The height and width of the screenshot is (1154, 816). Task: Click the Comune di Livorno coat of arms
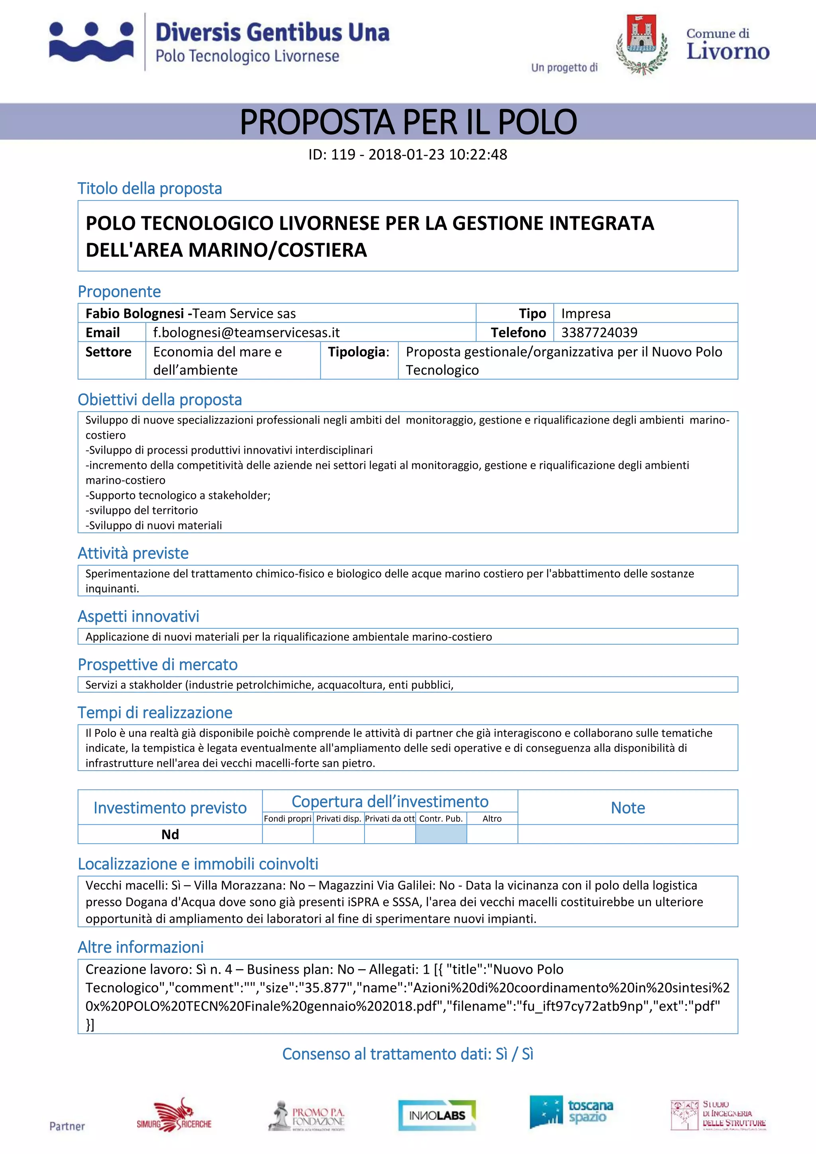pyautogui.click(x=641, y=44)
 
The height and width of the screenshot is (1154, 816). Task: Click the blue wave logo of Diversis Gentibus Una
pyautogui.click(x=92, y=42)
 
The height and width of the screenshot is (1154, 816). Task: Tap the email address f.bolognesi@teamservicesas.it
pyautogui.click(x=246, y=332)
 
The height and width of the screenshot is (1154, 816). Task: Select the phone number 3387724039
pyautogui.click(x=599, y=332)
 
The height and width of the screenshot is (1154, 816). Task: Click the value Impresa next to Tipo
pyautogui.click(x=585, y=313)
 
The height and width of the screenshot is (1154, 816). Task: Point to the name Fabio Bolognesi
pyautogui.click(x=134, y=313)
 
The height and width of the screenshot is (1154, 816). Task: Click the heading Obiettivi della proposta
pyautogui.click(x=159, y=400)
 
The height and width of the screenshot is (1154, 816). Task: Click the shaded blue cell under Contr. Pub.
pyautogui.click(x=441, y=834)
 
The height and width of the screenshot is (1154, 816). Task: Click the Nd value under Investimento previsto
pyautogui.click(x=170, y=834)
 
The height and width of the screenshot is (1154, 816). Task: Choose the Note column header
pyautogui.click(x=628, y=808)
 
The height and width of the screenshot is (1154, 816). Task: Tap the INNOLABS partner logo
pyautogui.click(x=437, y=1116)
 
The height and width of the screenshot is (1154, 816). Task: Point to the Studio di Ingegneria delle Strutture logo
pyautogui.click(x=718, y=1115)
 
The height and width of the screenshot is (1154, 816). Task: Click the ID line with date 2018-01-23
pyautogui.click(x=408, y=154)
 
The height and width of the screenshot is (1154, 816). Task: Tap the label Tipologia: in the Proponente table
pyautogui.click(x=358, y=352)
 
